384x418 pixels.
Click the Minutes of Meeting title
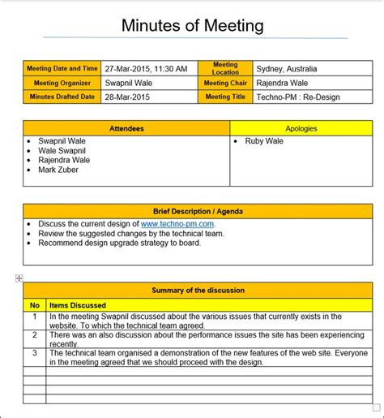click(x=192, y=25)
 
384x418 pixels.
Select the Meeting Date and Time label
click(x=62, y=68)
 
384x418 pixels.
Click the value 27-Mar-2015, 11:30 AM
click(x=146, y=69)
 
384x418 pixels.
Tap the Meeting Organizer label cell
click(x=62, y=83)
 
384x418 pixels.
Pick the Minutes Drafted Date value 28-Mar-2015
click(x=129, y=97)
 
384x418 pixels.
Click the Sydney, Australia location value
click(x=286, y=69)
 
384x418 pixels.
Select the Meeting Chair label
click(x=225, y=83)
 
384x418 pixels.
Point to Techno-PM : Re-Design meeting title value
click(x=298, y=97)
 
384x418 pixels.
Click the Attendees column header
click(x=126, y=128)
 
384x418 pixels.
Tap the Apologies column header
click(x=301, y=128)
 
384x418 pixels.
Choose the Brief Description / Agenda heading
click(x=198, y=211)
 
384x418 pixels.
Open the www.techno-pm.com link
click(x=177, y=223)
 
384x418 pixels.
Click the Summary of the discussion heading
click(x=198, y=290)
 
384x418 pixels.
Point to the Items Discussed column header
click(x=78, y=305)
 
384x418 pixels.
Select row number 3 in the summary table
click(x=35, y=353)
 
